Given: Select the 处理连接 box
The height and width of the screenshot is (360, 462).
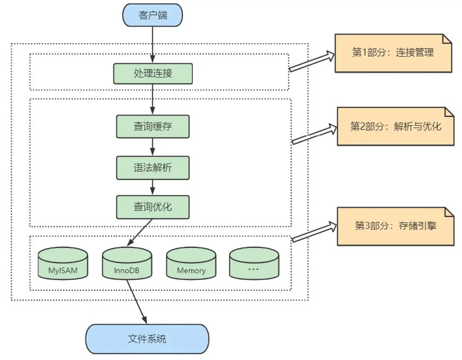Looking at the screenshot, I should click(x=153, y=73).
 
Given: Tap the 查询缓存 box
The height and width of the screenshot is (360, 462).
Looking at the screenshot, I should click(x=153, y=126).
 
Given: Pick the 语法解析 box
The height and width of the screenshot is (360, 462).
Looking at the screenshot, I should click(x=153, y=167).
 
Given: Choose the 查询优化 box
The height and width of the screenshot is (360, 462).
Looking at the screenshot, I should click(x=153, y=207).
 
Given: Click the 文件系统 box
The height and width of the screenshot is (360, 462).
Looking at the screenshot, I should click(x=147, y=339).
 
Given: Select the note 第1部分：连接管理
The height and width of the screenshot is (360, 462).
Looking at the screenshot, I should click(x=393, y=53).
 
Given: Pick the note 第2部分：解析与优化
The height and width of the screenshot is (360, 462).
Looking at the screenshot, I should click(x=395, y=126).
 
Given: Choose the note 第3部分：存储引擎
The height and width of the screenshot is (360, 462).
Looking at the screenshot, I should click(x=395, y=226).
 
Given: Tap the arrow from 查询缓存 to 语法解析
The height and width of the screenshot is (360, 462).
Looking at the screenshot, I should click(x=153, y=147).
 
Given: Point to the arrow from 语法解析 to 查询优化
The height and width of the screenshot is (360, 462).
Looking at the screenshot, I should click(x=153, y=187).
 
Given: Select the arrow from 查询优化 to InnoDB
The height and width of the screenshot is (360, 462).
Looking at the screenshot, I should click(x=139, y=232).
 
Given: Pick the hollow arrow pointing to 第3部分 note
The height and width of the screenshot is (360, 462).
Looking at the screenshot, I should click(x=313, y=232).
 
